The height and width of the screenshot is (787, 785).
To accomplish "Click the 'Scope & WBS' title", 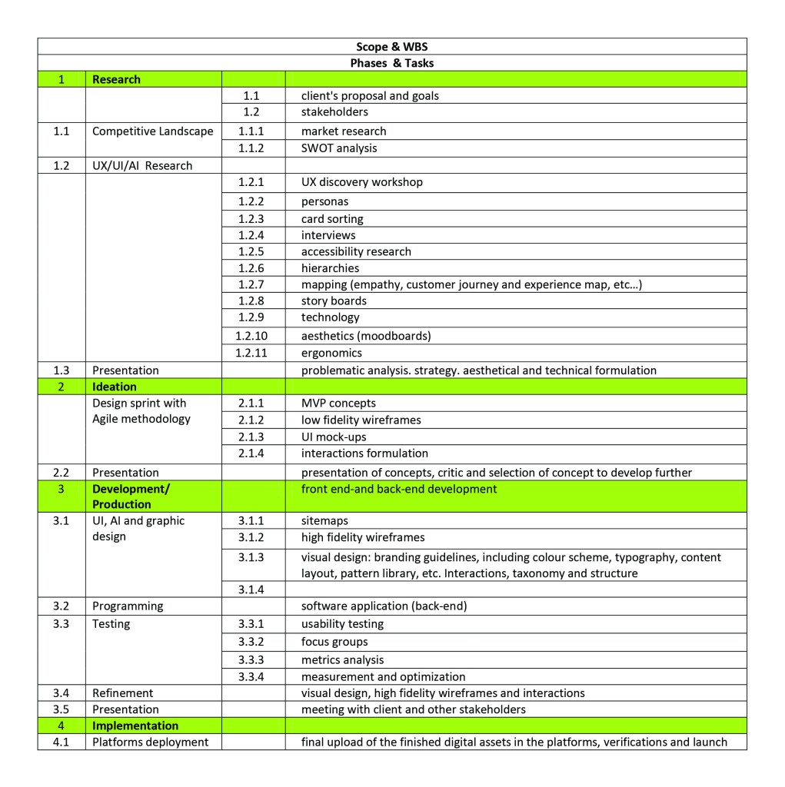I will point(391,47).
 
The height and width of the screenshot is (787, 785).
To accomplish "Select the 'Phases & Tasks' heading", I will point(391,63).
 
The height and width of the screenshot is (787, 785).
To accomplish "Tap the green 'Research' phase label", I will point(116,79).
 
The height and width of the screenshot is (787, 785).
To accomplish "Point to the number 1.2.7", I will point(251,284).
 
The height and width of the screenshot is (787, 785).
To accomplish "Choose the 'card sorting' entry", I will point(332,219).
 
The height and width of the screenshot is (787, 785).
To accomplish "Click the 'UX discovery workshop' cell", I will point(361,182).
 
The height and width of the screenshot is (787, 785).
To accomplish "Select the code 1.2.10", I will point(251,335).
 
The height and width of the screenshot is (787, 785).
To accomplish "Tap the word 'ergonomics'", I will point(331,353).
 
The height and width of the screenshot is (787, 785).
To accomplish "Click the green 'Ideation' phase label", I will point(114,387).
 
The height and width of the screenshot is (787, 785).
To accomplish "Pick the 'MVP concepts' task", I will point(338,403).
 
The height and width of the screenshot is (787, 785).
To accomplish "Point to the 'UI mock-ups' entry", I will point(334,437).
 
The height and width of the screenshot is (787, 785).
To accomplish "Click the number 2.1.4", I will point(251,453).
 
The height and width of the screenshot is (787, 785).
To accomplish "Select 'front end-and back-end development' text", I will point(399,489).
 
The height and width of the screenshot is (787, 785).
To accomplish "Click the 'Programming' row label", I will point(128,606).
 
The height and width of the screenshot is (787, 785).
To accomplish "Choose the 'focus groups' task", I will point(334,642).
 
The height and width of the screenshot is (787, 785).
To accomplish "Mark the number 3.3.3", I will point(251,659).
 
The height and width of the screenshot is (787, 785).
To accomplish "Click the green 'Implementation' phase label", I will point(135,726).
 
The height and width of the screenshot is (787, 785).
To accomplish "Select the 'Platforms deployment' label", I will point(150,742).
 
